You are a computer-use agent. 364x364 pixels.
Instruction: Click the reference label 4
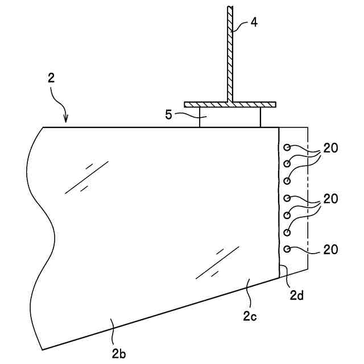(254, 23)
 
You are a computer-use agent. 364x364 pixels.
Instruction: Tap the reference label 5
(168, 114)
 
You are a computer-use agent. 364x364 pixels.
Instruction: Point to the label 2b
(119, 353)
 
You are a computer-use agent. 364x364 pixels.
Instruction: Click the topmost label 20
(331, 148)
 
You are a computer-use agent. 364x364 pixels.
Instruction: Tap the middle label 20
(331, 199)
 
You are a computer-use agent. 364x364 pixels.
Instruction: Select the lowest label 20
(331, 249)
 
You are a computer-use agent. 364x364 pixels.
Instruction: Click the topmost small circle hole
(287, 147)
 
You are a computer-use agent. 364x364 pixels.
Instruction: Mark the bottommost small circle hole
(287, 249)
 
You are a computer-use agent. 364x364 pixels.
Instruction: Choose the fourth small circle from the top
(287, 198)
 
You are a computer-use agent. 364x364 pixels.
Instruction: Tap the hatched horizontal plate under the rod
(230, 105)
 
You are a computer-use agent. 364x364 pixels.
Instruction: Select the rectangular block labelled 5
(230, 117)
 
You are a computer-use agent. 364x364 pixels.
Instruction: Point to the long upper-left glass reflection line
(86, 177)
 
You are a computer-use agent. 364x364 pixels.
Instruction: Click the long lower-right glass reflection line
(217, 262)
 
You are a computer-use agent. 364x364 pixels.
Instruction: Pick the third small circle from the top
(287, 181)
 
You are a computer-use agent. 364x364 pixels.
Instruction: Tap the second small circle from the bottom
(287, 232)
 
